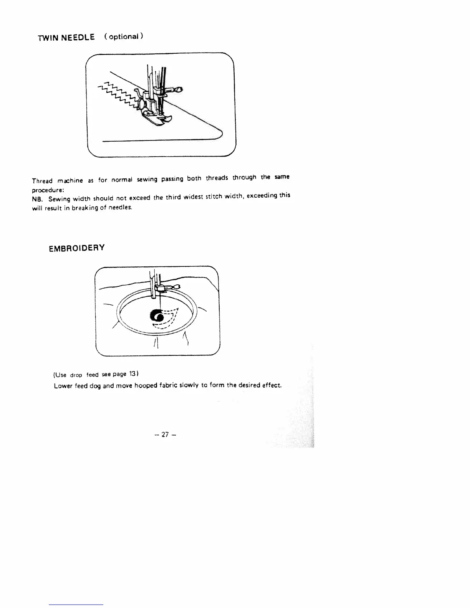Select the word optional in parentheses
coord(124,36)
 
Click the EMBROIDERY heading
coord(76,248)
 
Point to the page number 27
coord(165,435)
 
